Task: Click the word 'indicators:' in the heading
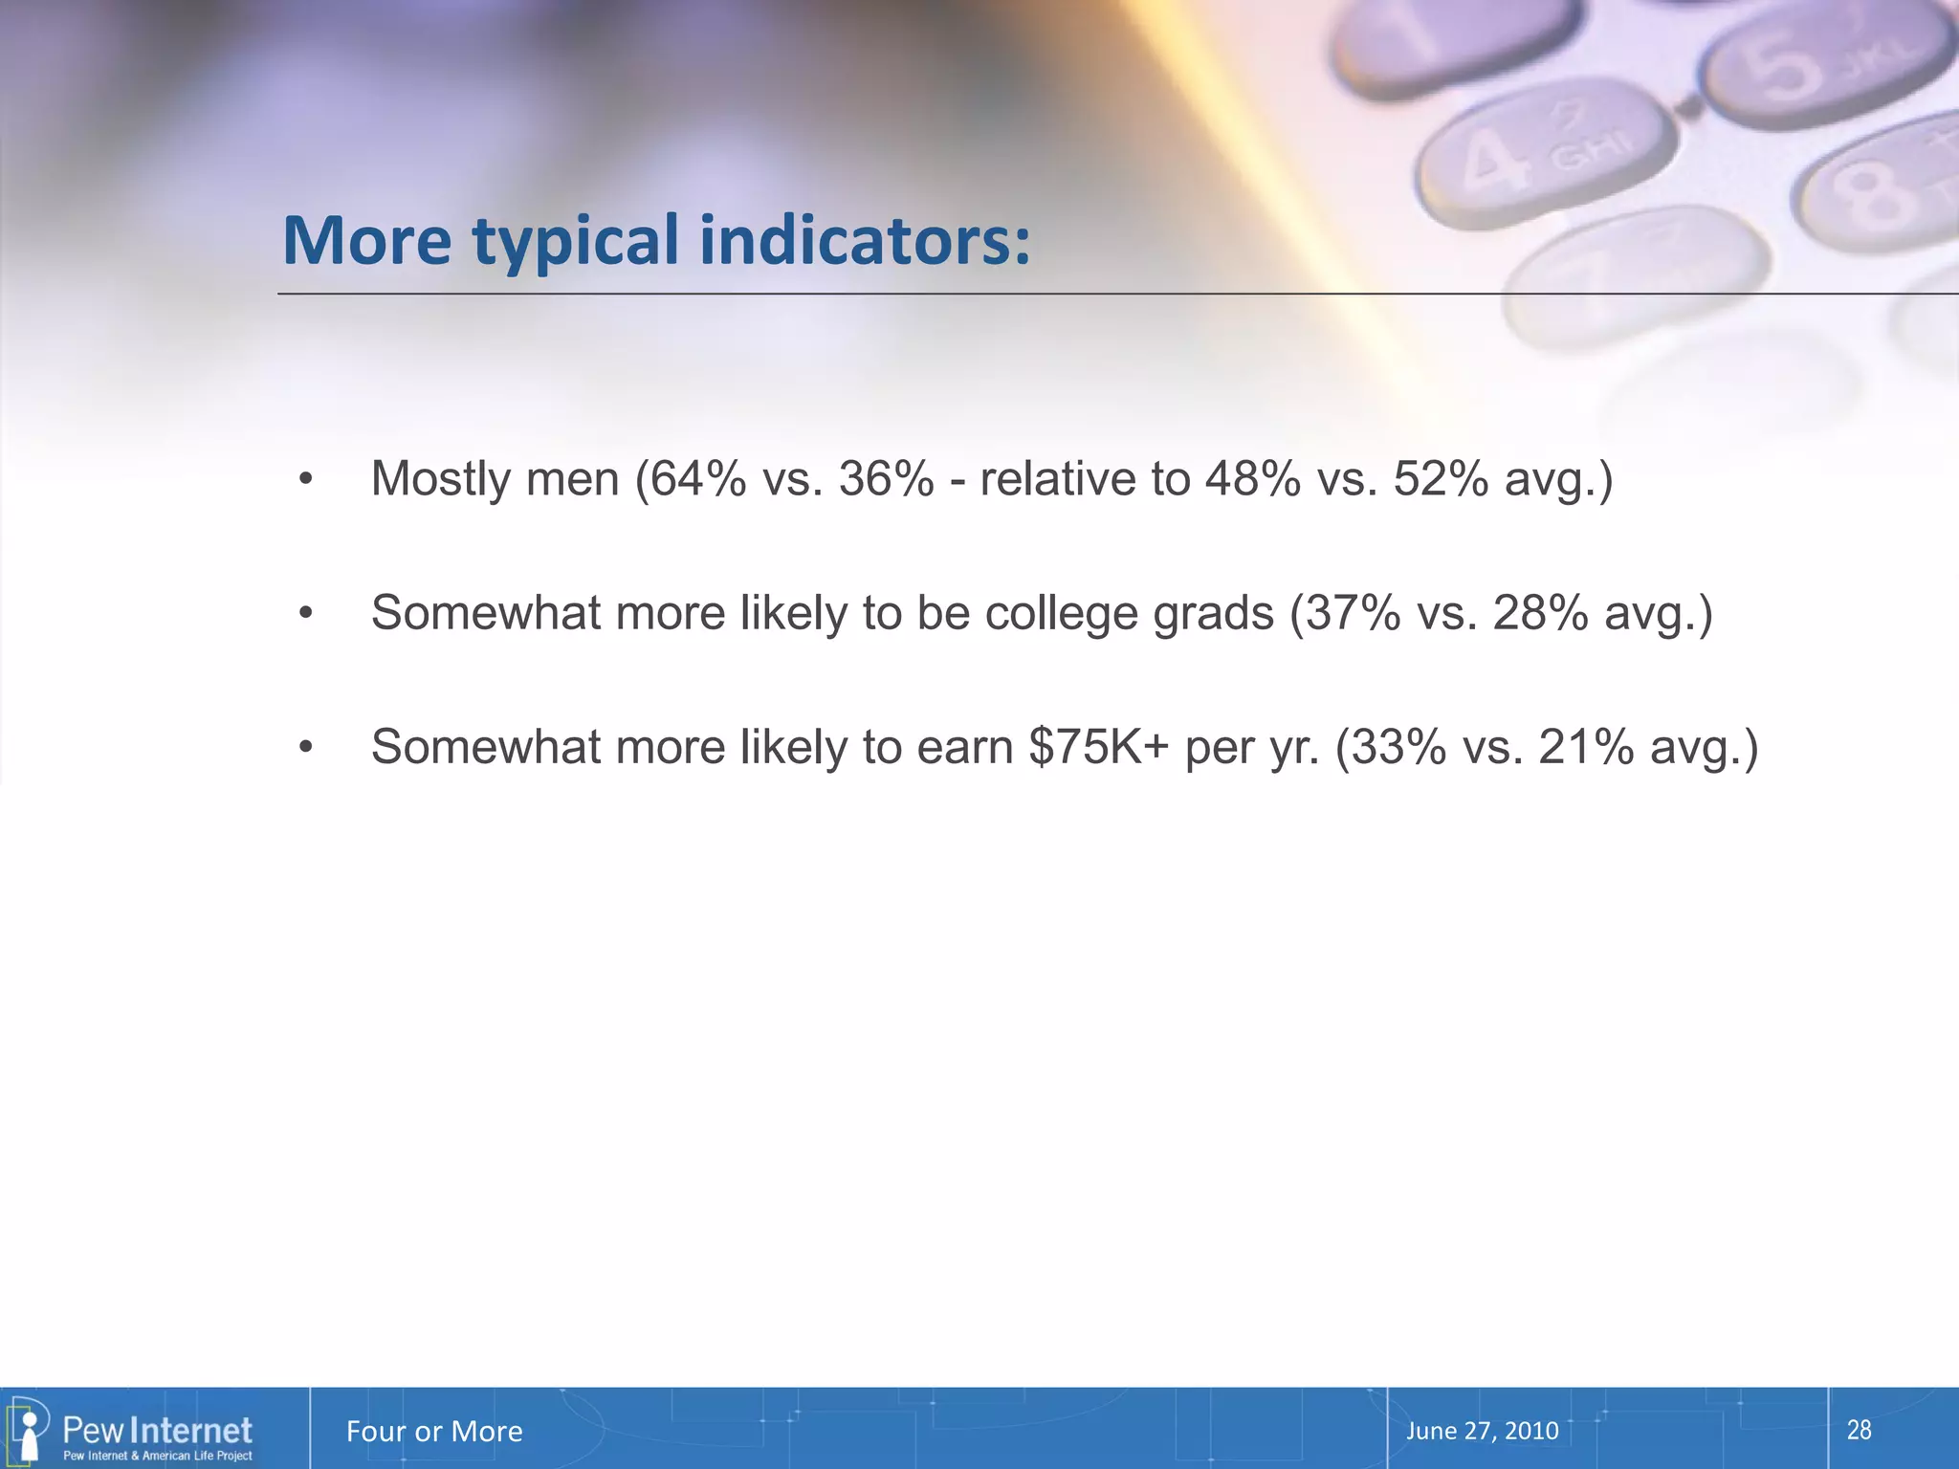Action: coord(865,240)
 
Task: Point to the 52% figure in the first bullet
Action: coord(1441,478)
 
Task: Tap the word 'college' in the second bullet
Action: coord(1062,614)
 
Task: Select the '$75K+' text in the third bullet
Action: coord(1099,747)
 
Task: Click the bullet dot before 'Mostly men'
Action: coord(305,479)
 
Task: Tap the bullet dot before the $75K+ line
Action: coord(305,747)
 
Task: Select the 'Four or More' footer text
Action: coord(434,1432)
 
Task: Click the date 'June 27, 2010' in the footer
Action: coord(1482,1431)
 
